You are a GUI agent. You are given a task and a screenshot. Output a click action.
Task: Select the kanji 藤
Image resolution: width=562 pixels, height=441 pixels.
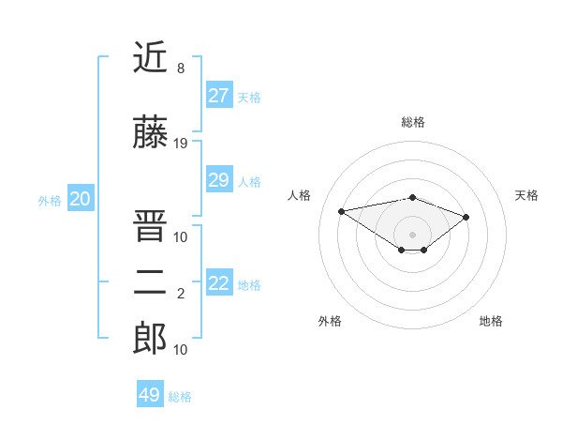(x=150, y=134)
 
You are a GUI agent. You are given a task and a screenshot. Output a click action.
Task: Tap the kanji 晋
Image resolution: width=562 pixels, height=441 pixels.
(x=150, y=225)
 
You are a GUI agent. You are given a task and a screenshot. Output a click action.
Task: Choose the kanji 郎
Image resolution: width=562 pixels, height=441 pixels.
(x=150, y=339)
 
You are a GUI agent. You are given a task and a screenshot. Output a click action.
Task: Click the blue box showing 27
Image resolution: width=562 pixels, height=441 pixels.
(x=219, y=96)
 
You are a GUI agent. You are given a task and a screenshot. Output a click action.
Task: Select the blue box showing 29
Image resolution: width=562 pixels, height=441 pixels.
(x=219, y=180)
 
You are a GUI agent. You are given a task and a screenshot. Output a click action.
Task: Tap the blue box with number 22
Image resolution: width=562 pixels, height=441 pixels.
(x=219, y=283)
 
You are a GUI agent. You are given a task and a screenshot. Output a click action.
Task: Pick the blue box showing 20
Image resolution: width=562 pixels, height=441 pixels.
(x=81, y=199)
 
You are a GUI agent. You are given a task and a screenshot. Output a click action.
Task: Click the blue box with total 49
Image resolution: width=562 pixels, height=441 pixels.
(x=150, y=395)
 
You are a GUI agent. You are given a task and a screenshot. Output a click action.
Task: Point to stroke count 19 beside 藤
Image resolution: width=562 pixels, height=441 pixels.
(x=181, y=144)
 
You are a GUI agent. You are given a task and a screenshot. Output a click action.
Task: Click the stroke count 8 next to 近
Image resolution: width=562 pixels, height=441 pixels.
(x=181, y=68)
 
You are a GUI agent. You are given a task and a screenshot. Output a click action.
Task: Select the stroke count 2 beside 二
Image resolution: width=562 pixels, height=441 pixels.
(x=181, y=294)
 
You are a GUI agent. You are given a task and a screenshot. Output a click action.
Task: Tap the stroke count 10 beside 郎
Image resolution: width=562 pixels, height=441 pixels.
(x=181, y=349)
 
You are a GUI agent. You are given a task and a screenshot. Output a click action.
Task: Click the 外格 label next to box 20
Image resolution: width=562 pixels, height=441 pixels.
(x=50, y=201)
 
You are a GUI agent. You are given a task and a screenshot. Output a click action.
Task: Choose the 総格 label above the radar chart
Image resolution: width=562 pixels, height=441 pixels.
(x=412, y=122)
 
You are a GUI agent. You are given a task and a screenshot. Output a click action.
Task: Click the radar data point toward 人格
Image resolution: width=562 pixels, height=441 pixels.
(x=342, y=210)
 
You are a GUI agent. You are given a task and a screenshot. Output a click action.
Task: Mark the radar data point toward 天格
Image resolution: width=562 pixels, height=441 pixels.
(x=466, y=217)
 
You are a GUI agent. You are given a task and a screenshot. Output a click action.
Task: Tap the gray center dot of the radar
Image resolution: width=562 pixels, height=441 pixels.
(x=412, y=233)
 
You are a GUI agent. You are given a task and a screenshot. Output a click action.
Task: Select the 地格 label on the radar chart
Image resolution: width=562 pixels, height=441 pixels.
(x=491, y=321)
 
